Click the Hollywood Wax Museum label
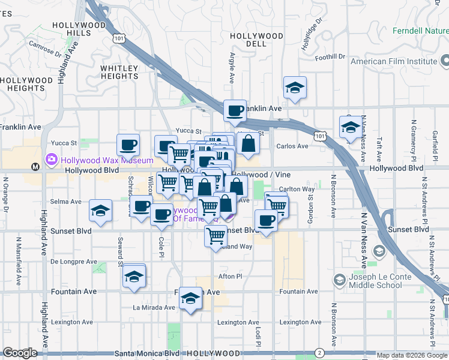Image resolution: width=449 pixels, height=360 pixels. coord(106,161)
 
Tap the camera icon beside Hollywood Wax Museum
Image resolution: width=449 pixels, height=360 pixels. coord(51,160)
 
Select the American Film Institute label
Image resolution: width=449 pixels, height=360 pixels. coord(394,61)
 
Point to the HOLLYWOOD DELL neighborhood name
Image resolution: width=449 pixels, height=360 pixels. coord(256,40)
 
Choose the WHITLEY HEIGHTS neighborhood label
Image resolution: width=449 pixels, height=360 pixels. coord(119,72)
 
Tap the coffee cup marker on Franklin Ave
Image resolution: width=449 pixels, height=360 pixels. coord(235,110)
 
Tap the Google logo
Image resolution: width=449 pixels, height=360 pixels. coord(20,353)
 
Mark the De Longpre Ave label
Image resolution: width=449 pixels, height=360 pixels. coord(74,262)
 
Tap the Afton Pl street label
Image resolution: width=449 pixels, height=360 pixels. coord(230,277)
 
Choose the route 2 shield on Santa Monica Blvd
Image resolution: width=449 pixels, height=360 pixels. coord(319,353)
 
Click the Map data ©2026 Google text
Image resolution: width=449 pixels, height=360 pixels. coord(412,355)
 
